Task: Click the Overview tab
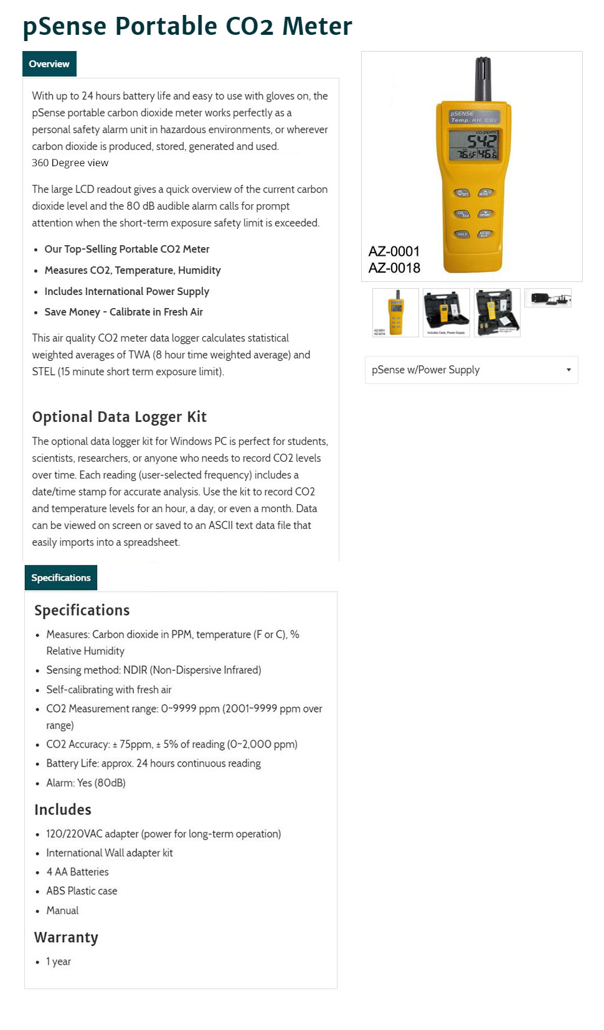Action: (x=49, y=64)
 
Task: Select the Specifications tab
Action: (x=61, y=578)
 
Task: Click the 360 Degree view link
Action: (x=70, y=162)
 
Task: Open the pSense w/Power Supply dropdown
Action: (x=471, y=370)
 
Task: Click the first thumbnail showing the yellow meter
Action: (x=395, y=312)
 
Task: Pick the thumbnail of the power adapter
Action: (x=548, y=298)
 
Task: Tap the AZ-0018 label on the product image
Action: (x=394, y=268)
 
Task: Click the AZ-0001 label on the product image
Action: (x=394, y=251)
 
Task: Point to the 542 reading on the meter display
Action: (x=481, y=141)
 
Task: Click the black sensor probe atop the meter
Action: (x=483, y=78)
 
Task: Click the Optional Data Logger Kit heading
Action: (x=120, y=417)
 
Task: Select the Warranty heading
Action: (x=66, y=937)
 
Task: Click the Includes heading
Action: (x=63, y=810)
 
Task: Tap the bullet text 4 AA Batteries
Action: (x=77, y=872)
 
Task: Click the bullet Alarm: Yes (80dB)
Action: (x=86, y=782)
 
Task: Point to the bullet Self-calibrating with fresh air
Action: (x=109, y=690)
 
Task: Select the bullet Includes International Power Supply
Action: (x=126, y=291)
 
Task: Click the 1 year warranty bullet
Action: (x=59, y=962)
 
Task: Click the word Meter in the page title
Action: (x=317, y=26)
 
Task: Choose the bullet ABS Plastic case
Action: (x=82, y=891)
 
